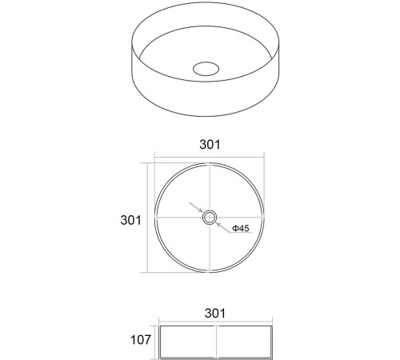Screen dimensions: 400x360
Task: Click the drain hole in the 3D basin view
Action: [206, 69]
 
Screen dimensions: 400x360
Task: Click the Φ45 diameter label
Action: [241, 228]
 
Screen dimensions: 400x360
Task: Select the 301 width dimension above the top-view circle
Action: [210, 144]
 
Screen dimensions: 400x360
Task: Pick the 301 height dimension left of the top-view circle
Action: [130, 220]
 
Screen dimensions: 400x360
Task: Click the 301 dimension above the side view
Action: [215, 313]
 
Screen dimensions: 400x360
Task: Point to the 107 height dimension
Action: [140, 340]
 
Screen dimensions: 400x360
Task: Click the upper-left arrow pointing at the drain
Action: [196, 207]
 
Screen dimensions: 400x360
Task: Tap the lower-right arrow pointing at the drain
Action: [222, 227]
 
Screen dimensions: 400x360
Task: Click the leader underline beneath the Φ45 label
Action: [241, 233]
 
